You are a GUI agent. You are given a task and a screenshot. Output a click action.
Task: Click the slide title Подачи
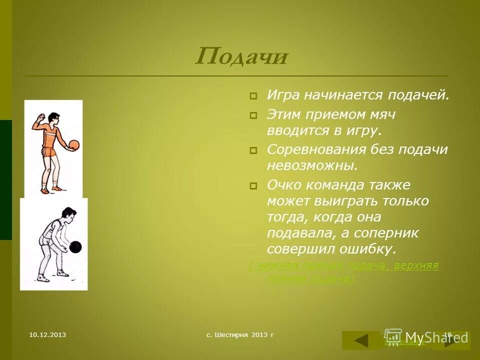[x=241, y=56]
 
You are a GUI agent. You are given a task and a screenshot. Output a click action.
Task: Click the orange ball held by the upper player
[x=73, y=145]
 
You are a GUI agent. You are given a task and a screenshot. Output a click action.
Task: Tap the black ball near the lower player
[x=75, y=246]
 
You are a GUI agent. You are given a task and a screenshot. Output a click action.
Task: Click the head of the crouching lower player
[x=68, y=216]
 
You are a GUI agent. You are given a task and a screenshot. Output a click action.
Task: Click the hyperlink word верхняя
[x=416, y=265]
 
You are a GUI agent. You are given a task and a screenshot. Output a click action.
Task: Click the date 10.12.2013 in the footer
[x=47, y=334]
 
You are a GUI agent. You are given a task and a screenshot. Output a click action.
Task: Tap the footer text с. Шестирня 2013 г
[x=240, y=334]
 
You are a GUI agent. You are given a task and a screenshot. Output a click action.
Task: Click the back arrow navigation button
[x=361, y=340]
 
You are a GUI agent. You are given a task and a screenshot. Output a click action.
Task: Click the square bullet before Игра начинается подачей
[x=253, y=95]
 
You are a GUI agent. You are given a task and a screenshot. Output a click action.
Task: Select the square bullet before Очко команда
[x=253, y=185]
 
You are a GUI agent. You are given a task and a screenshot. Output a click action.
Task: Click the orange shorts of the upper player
[x=49, y=152]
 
